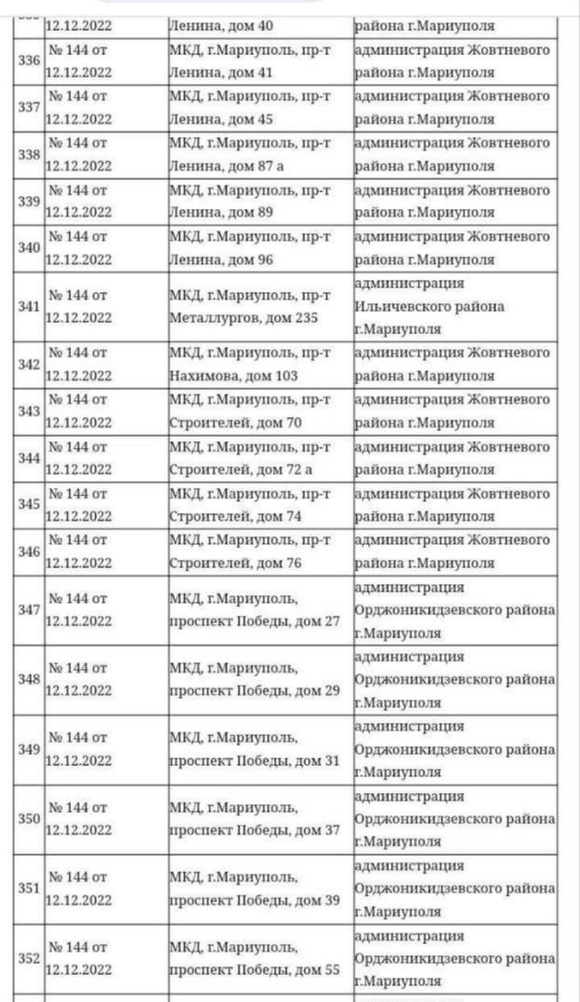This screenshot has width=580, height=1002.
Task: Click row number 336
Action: pos(29,61)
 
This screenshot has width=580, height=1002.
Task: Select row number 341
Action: pos(29,306)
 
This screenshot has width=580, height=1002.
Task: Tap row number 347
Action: pos(29,609)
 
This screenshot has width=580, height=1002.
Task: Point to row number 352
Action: pos(29,958)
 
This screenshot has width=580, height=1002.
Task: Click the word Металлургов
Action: pos(210,318)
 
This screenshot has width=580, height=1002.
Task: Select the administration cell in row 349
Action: pos(455,749)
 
